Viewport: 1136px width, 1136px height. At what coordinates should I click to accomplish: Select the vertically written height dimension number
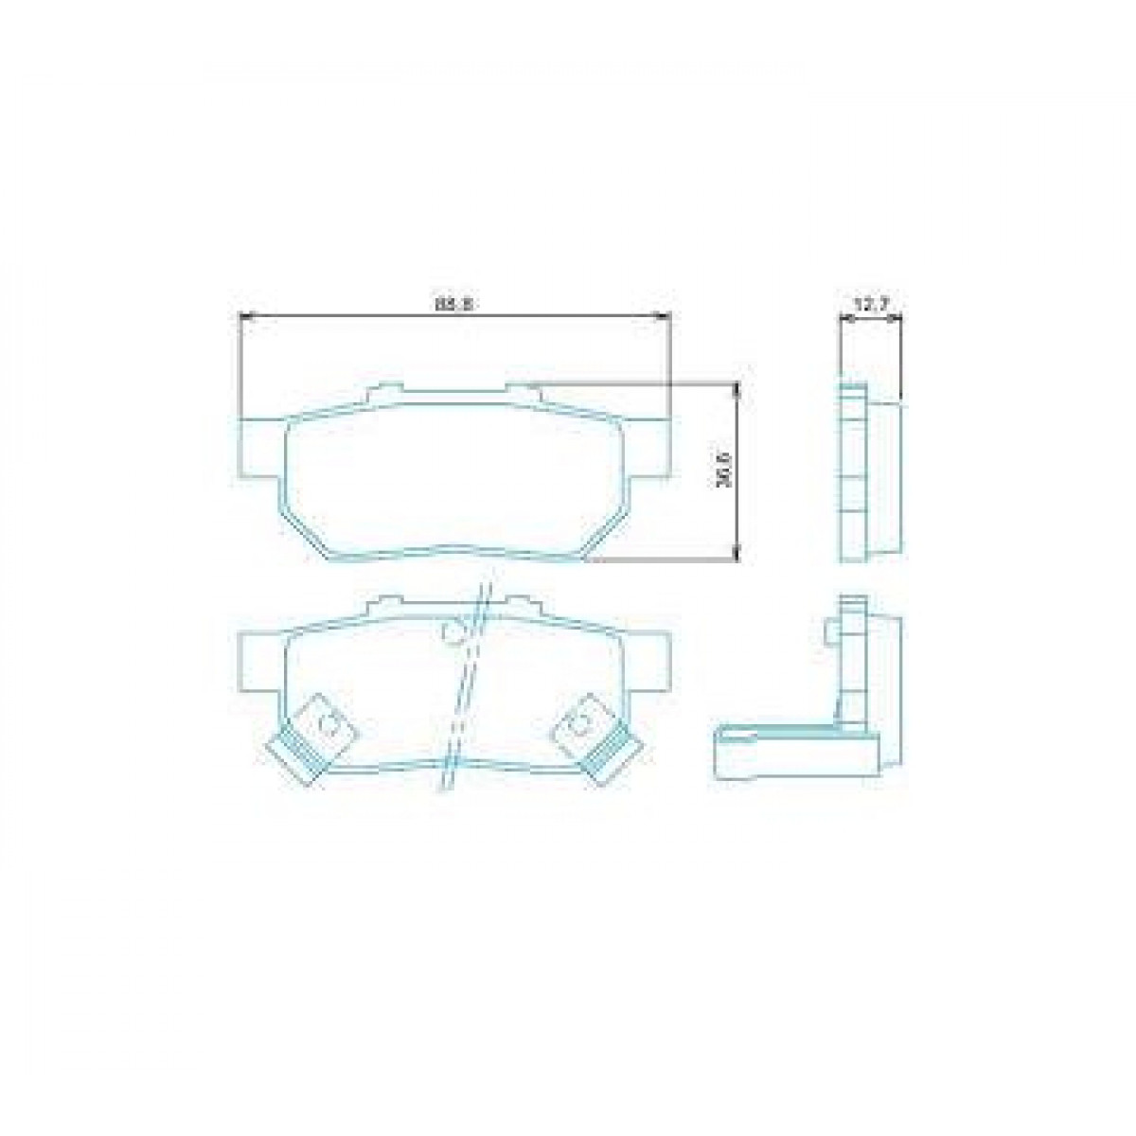point(724,470)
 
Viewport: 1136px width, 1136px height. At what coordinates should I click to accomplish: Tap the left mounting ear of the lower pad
point(262,659)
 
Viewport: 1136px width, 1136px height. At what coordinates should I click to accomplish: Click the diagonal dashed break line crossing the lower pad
point(461,691)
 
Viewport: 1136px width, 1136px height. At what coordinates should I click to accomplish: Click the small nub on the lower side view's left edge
point(830,630)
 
